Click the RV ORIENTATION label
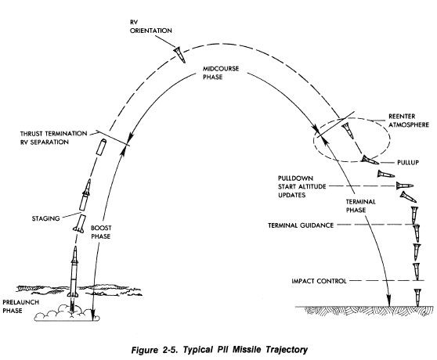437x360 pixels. point(151,27)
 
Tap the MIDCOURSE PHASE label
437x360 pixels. point(221,73)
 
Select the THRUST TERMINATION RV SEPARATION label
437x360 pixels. point(53,138)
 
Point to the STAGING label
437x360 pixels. point(45,218)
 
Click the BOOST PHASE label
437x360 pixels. point(101,232)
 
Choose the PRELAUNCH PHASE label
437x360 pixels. point(20,306)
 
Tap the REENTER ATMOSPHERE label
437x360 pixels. point(409,121)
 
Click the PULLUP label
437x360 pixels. point(408,162)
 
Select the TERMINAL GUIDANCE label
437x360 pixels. point(301,225)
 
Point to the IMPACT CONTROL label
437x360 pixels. point(319,281)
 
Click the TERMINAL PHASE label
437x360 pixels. point(360,206)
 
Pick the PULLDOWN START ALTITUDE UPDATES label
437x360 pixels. point(302,186)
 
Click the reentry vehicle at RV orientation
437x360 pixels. point(179,55)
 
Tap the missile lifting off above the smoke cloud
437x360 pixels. point(73,272)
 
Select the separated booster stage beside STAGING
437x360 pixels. point(79,224)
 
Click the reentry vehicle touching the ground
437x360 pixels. point(417,297)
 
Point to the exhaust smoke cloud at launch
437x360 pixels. point(67,314)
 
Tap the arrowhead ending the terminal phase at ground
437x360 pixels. point(388,302)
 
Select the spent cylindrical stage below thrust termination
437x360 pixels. point(102,146)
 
